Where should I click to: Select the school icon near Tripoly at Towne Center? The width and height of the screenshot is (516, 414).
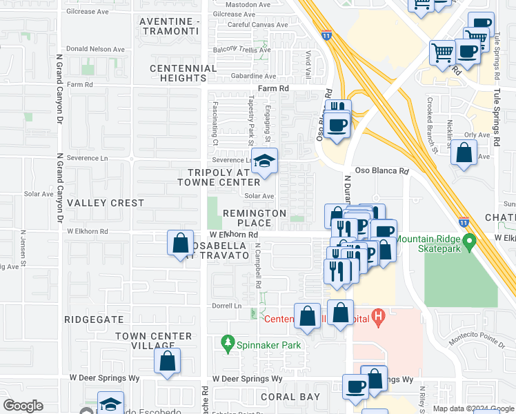(x=264, y=162)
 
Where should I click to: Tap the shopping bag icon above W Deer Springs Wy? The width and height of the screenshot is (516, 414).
(x=167, y=361)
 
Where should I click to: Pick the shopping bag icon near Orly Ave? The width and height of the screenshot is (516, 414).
(x=465, y=153)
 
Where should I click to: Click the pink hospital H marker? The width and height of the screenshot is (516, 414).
(x=377, y=317)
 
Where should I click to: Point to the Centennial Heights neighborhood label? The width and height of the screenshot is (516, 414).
(x=183, y=73)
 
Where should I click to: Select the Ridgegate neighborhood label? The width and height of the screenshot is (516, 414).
(x=93, y=320)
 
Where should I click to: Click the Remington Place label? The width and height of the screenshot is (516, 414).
(x=255, y=218)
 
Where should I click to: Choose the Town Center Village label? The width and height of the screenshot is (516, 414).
(x=153, y=341)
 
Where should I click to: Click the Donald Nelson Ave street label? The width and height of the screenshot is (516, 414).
(x=96, y=50)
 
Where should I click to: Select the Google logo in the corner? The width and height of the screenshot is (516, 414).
(x=23, y=406)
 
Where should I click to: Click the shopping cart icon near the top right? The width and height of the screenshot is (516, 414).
(x=443, y=52)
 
